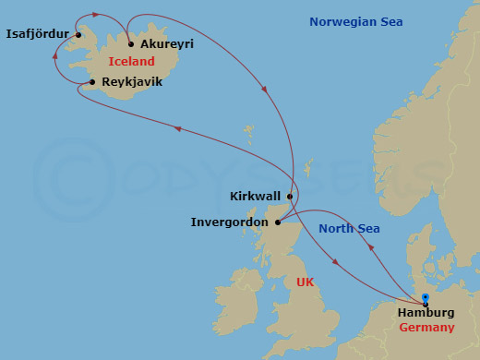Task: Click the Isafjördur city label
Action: pos(38,35)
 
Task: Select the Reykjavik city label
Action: pos(132,82)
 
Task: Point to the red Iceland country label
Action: pos(130,62)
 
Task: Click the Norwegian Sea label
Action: pos(355,22)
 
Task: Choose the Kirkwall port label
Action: pos(255,196)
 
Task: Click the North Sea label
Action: pos(349,228)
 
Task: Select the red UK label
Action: pos(305,282)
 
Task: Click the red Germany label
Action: pos(427,328)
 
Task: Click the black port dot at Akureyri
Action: pos(131,44)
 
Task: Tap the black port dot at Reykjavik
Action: pos(92,82)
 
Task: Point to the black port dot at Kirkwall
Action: pos(290,196)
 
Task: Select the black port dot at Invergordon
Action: pos(278,222)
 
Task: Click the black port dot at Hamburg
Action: pos(426,303)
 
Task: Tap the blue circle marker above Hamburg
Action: pos(426,296)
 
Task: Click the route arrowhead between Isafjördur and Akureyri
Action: pos(97,15)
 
